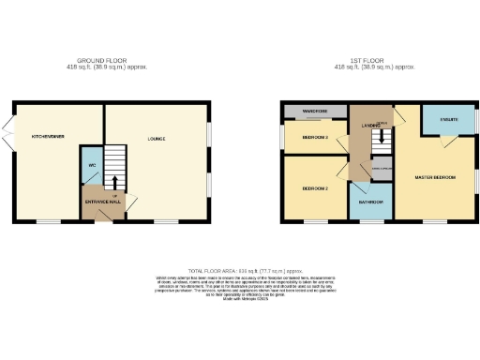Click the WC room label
pos(90,165)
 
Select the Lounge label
pos(157,140)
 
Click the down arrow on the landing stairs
pos(382,141)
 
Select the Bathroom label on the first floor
pos(370,202)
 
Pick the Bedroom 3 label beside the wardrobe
pos(314,137)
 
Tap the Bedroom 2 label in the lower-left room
pos(314,187)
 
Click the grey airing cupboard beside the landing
pos(380,169)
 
